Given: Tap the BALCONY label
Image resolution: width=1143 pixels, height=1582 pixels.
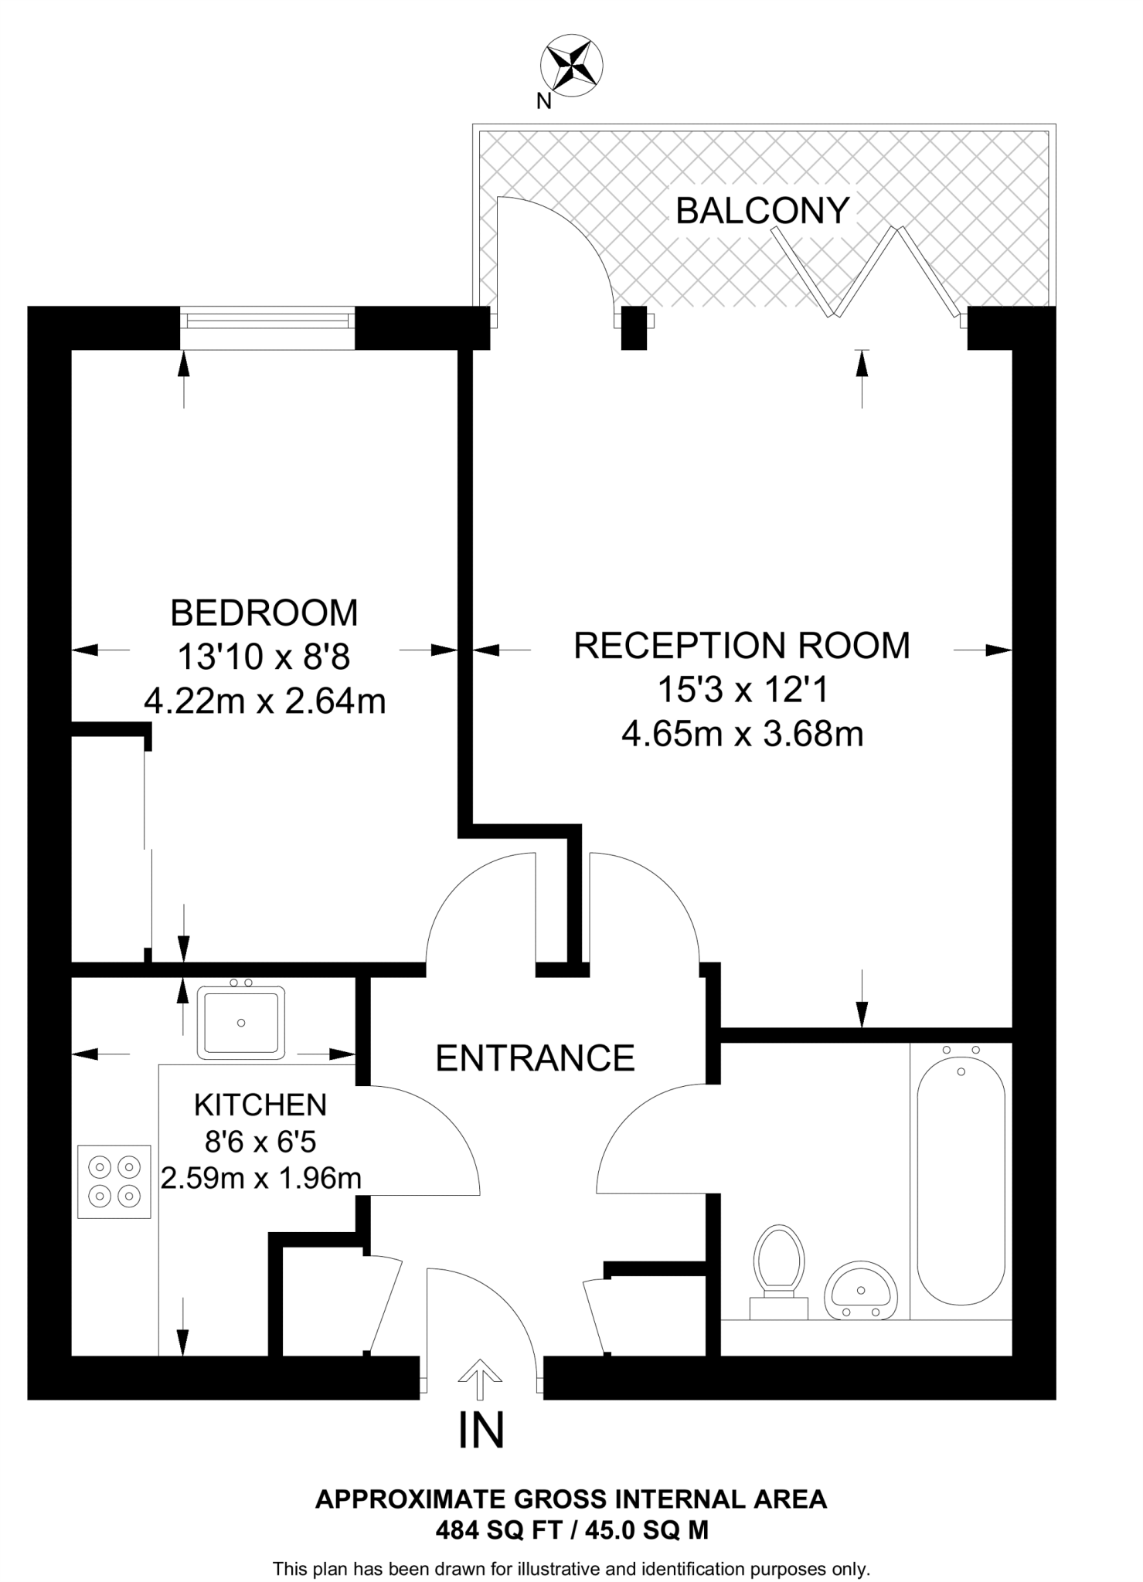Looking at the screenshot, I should click(762, 211).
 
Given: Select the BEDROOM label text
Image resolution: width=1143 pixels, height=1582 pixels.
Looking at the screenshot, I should click(264, 613).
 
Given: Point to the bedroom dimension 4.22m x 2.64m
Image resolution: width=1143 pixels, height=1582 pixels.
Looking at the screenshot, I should click(264, 701).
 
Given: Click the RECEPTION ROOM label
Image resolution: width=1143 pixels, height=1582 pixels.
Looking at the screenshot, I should click(742, 646).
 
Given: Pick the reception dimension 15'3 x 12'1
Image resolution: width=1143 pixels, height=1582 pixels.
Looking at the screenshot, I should click(742, 690).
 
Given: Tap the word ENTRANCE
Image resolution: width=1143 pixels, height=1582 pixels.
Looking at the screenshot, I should click(535, 1057).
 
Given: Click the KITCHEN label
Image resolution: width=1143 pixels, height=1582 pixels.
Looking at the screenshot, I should click(260, 1105).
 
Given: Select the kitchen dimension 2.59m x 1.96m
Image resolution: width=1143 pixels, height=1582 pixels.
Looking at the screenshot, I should click(260, 1178).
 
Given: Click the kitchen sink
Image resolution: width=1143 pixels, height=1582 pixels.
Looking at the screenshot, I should click(241, 1023).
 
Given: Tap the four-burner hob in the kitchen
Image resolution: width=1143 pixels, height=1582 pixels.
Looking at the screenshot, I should click(114, 1181).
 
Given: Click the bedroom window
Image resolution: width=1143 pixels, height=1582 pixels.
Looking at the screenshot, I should click(268, 319).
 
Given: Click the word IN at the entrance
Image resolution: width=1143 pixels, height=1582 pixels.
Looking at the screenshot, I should click(481, 1430).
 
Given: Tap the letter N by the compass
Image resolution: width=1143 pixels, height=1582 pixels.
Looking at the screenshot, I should click(544, 101).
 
